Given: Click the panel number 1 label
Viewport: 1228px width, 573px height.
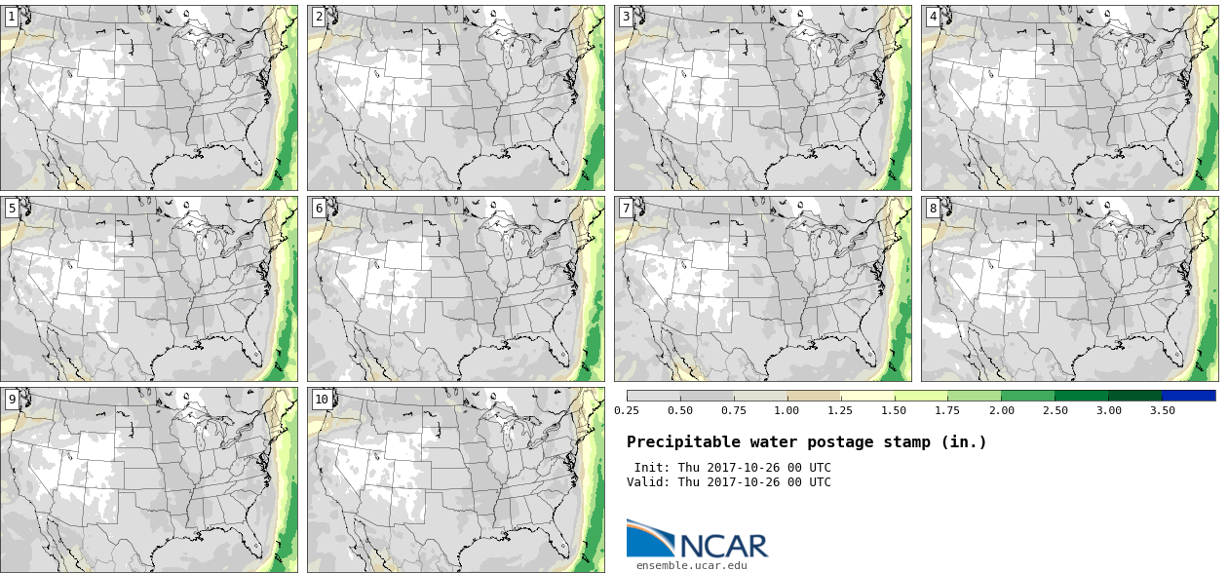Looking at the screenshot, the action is pyautogui.click(x=12, y=17).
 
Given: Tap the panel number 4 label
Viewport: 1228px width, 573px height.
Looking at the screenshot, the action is pyautogui.click(x=933, y=17).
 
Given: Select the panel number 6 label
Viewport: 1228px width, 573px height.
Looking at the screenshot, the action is pyautogui.click(x=319, y=209).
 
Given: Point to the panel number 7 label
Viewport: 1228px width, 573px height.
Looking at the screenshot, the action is pyautogui.click(x=626, y=209).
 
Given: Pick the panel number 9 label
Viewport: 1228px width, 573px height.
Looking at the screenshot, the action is pyautogui.click(x=12, y=400).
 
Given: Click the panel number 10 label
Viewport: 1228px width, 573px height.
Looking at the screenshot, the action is pyautogui.click(x=322, y=400).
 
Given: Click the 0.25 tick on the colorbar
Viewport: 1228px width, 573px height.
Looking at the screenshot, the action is pyautogui.click(x=627, y=410).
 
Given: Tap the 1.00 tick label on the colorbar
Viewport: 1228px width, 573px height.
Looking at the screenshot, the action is pyautogui.click(x=787, y=410).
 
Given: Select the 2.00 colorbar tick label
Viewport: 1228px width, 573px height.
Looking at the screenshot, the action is pyautogui.click(x=1002, y=410).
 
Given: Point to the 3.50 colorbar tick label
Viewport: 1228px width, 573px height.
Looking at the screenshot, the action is pyautogui.click(x=1162, y=410).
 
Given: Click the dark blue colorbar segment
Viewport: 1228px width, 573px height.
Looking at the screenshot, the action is pyautogui.click(x=1189, y=396).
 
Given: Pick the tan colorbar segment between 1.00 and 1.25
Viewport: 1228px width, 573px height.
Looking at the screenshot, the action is pyautogui.click(x=814, y=396).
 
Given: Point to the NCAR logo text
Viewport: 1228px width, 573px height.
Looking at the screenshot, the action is pyautogui.click(x=723, y=546).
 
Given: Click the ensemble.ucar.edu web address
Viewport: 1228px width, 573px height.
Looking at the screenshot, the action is pyautogui.click(x=692, y=565).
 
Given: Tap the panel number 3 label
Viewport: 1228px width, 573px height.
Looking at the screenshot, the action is pyautogui.click(x=626, y=17).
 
